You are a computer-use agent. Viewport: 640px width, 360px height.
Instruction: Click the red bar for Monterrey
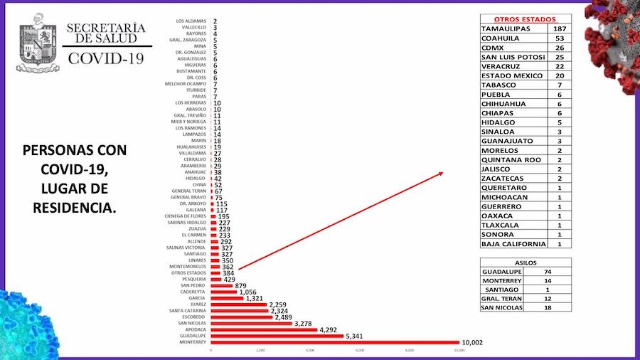tap(334, 342)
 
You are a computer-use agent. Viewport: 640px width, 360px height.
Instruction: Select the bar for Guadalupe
tap(277, 336)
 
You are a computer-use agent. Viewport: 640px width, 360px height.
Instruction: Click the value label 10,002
tap(472, 342)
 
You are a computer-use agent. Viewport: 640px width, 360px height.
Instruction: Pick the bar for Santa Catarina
tap(240, 310)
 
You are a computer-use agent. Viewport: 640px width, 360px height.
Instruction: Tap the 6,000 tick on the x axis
tap(360, 351)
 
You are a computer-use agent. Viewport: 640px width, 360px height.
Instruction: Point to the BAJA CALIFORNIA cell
tap(513, 244)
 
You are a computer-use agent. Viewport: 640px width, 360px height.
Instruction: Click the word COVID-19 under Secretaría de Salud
tap(105, 56)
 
